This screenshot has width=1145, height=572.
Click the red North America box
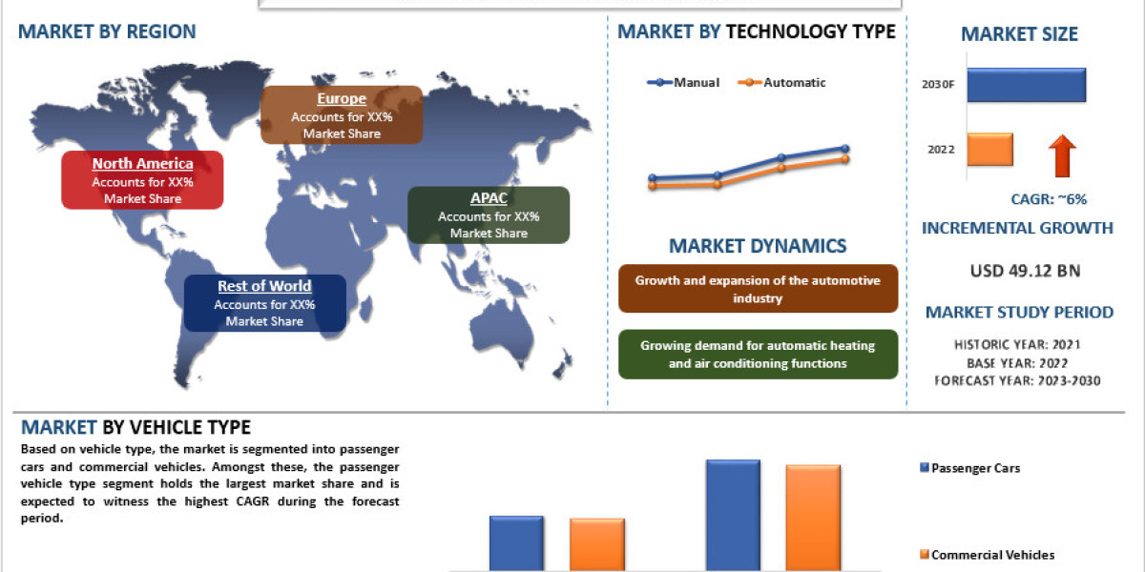142,179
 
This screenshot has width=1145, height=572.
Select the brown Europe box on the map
342,114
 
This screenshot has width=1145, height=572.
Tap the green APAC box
489,214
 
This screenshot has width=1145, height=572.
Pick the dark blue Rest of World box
264,302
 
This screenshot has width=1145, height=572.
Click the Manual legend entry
684,83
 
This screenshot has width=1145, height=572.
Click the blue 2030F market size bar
1026,85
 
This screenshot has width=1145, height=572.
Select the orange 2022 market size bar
989,150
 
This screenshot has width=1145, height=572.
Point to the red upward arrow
1062,155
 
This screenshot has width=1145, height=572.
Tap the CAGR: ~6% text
1049,199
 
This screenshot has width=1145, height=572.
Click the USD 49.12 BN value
1025,271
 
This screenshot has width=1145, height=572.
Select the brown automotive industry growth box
758,289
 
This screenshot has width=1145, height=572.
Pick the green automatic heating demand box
758,355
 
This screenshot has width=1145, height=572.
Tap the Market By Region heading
107,31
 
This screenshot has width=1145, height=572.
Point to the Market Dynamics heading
758,246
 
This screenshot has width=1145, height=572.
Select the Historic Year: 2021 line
1017,344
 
